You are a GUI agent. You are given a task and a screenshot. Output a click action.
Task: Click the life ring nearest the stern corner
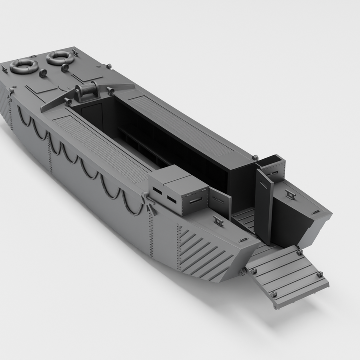(24, 66)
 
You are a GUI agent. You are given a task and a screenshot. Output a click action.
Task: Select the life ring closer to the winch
(60, 58)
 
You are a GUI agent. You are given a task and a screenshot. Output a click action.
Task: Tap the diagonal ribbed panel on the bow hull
(202, 253)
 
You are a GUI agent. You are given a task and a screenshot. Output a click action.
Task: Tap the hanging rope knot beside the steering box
(149, 204)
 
